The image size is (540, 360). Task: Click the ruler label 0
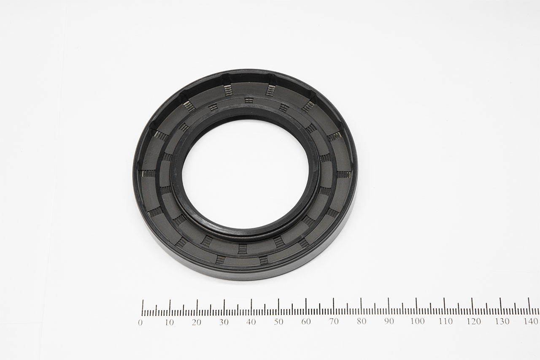pos(140,322)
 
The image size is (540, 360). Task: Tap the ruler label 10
pos(170,322)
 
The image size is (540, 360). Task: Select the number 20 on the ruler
pos(197,322)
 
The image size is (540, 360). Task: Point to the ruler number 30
pos(224,322)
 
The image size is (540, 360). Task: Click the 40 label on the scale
pos(251,322)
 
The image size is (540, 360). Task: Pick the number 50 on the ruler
pos(279,322)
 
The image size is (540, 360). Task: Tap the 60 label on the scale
pos(306,322)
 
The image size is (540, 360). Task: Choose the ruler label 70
pos(334,322)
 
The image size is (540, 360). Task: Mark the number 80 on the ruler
pos(362,322)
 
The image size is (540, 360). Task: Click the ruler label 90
pos(389,322)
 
